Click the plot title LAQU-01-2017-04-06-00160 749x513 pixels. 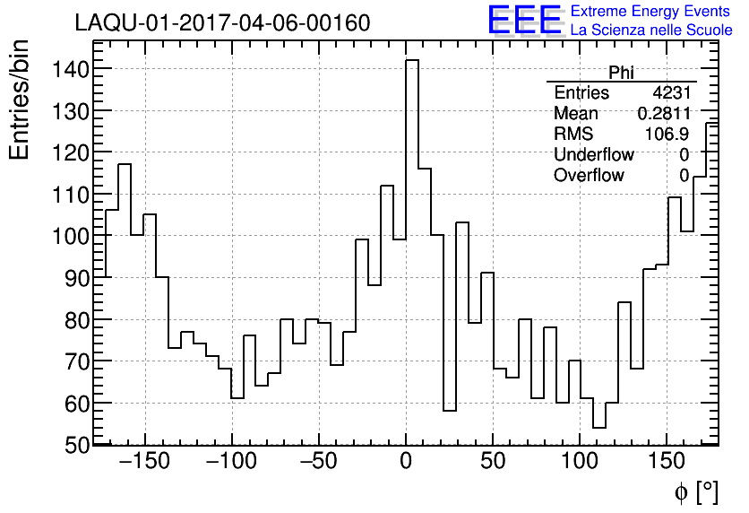coord(222,22)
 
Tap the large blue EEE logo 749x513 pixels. coord(524,20)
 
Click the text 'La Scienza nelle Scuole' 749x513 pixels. coord(651,30)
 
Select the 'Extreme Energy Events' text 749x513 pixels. coord(651,11)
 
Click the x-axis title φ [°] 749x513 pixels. coord(695,492)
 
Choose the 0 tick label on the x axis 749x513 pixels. coord(406,464)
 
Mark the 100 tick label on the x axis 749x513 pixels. coord(580,464)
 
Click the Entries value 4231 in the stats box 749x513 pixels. coord(671,93)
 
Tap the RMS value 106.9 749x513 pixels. coord(667,135)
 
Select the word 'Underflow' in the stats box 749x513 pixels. coord(595,155)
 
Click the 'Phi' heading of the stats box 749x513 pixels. coord(621,73)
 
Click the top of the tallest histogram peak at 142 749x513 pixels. coord(412,60)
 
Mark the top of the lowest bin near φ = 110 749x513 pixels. coord(598,428)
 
